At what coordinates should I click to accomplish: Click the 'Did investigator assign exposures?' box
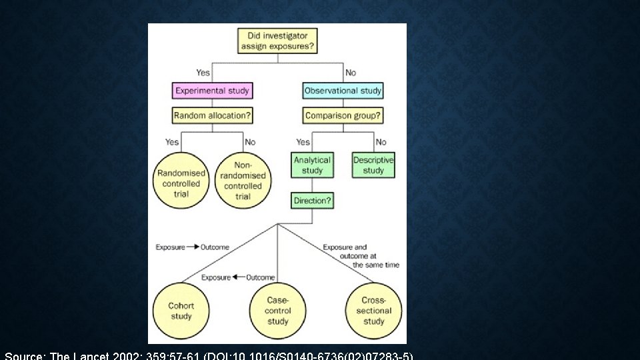[277, 41]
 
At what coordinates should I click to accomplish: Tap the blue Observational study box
[343, 91]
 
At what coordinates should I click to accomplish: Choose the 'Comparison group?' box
[343, 115]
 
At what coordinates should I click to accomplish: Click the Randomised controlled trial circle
[181, 180]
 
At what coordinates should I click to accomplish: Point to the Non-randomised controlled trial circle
[243, 180]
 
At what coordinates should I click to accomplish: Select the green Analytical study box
[312, 165]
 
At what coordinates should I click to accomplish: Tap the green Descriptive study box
[373, 165]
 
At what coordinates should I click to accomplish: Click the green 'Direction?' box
[312, 201]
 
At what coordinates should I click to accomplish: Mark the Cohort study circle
[181, 311]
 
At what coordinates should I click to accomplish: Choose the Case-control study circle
[278, 311]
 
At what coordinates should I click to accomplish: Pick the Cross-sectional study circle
[374, 311]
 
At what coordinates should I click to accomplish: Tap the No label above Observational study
[351, 73]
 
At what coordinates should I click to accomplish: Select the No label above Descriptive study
[381, 142]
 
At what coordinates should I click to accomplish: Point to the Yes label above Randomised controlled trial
[172, 142]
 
